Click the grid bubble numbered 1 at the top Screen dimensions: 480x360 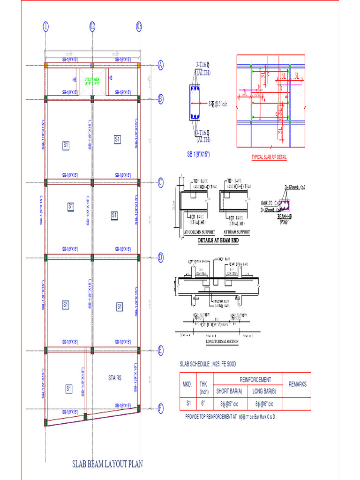(x=45, y=26)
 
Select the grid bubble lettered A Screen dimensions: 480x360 (x=160, y=65)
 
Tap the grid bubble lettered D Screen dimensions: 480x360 (x=160, y=257)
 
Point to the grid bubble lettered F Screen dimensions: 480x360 (x=160, y=409)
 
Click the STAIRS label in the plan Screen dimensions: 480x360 (x=114, y=378)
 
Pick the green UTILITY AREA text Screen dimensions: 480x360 (x=92, y=80)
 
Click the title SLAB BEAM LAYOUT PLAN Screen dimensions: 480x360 (x=107, y=464)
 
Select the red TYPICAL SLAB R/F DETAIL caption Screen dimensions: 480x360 (x=269, y=157)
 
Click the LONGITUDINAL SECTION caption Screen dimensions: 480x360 (x=222, y=342)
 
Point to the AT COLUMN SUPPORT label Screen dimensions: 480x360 (x=200, y=232)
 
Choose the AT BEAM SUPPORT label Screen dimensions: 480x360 (x=236, y=232)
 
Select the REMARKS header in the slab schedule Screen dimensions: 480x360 (x=297, y=384)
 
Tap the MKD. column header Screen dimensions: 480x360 (x=187, y=384)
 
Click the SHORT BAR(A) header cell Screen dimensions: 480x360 (x=229, y=391)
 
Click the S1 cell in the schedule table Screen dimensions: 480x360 (x=187, y=403)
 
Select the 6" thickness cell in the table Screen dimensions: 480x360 (x=203, y=403)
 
